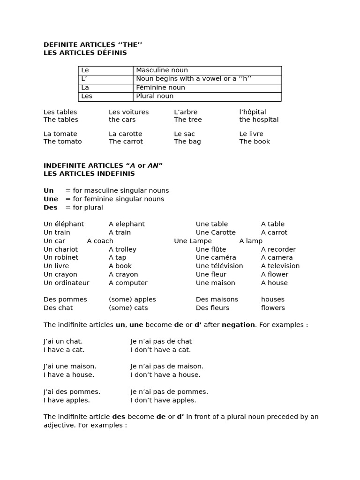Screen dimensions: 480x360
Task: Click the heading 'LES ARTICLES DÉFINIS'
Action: point(85,53)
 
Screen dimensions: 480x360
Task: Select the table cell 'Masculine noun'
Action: point(162,70)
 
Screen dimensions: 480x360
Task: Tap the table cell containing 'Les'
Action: point(87,96)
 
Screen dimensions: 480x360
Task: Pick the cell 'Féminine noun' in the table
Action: point(160,88)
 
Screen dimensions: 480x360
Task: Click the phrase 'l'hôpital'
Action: point(253,112)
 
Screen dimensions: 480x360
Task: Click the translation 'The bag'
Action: point(187,142)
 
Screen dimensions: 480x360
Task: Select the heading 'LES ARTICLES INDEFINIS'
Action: point(89,173)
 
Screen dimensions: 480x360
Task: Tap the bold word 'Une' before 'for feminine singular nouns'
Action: point(51,199)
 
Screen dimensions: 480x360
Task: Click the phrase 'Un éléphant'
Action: point(64,224)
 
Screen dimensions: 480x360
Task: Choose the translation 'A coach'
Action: point(100,241)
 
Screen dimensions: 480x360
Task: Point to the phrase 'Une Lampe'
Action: point(193,241)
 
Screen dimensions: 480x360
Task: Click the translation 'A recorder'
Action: point(278,249)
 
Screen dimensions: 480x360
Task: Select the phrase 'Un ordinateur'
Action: point(66,283)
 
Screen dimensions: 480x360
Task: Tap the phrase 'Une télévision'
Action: point(219,266)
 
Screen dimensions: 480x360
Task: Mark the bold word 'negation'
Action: point(238,325)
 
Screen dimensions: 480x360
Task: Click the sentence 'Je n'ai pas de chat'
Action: point(161,341)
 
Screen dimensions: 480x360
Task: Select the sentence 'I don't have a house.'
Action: point(165,375)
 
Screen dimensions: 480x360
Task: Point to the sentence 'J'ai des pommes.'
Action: point(72,391)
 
